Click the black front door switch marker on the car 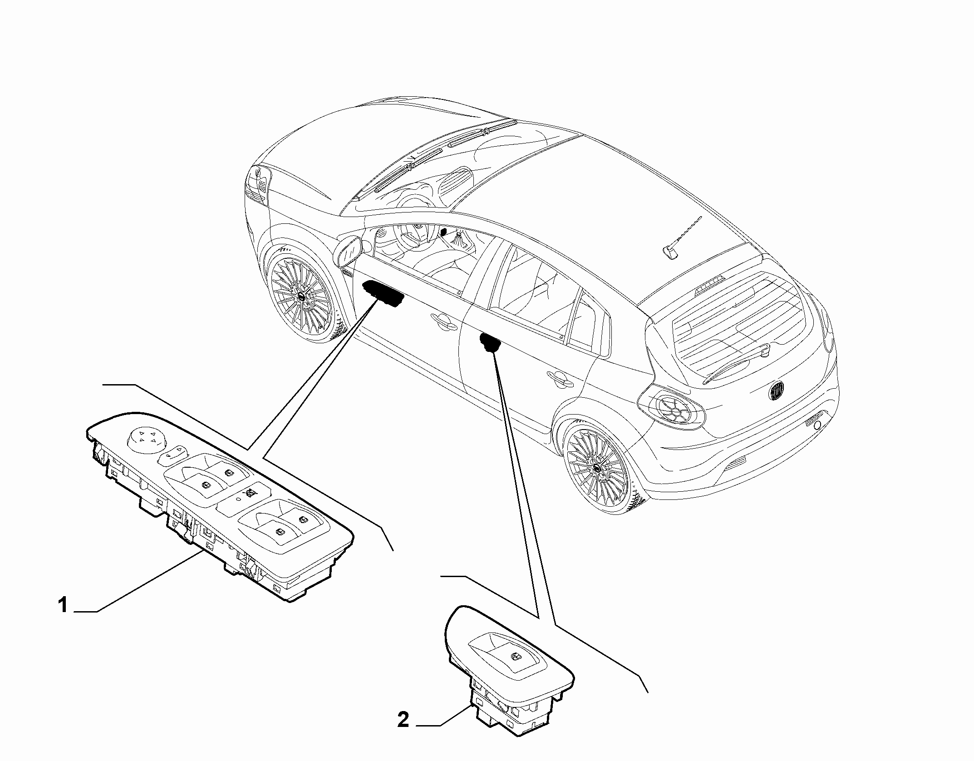coord(383,294)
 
